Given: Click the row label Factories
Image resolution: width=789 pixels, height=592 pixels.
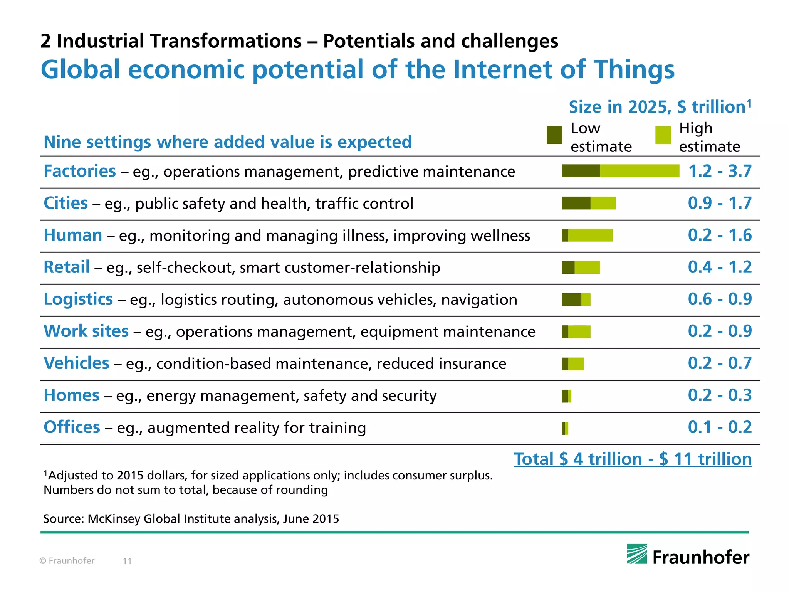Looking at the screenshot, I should [79, 171].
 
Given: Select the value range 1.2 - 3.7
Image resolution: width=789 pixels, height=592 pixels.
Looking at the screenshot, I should [720, 171].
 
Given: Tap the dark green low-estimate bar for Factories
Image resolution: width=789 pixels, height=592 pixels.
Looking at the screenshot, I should [580, 171].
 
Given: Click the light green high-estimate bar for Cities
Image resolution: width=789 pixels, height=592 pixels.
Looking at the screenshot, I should [603, 203].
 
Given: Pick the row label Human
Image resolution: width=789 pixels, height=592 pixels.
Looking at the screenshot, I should [73, 235].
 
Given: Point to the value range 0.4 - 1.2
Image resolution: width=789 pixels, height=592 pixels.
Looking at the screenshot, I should [720, 267].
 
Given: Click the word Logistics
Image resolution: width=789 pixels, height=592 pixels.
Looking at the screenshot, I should [78, 299].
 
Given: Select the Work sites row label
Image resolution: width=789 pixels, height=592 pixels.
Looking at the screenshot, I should [86, 331].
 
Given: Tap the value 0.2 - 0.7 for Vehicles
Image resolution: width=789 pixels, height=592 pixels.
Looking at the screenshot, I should [720, 363].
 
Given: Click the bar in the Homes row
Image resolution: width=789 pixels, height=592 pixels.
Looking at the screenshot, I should [566, 396].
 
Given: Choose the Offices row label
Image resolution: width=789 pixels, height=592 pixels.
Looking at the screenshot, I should [72, 427].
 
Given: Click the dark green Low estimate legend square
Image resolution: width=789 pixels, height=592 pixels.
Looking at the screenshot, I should [554, 135].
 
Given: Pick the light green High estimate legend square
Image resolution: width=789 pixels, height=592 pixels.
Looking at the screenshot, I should [663, 135].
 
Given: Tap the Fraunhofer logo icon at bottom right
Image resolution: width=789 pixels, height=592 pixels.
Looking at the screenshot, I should [637, 554].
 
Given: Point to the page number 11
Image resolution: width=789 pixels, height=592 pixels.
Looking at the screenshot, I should [127, 561].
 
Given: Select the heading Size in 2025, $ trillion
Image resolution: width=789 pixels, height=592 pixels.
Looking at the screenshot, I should [660, 107].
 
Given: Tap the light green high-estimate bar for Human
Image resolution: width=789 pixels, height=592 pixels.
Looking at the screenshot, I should [590, 235].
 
